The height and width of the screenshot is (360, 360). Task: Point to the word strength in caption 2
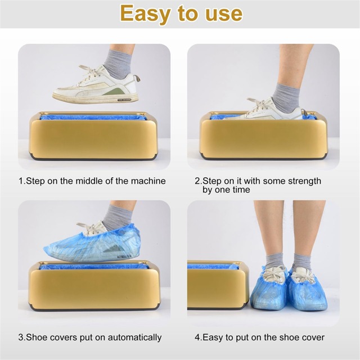pos(303,181)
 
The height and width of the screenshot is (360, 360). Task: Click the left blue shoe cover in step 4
pos(269,290)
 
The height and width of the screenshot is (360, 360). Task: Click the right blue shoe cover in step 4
pos(307,290)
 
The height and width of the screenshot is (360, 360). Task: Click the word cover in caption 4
pos(312,337)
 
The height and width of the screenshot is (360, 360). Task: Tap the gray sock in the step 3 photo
pos(117,217)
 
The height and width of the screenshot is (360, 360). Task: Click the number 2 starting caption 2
pos(197,181)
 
